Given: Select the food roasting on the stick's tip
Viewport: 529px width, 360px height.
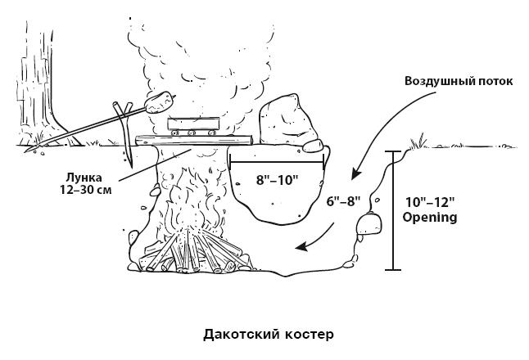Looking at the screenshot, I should point(163,101).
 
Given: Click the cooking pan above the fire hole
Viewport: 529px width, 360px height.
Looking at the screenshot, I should point(192,124).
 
